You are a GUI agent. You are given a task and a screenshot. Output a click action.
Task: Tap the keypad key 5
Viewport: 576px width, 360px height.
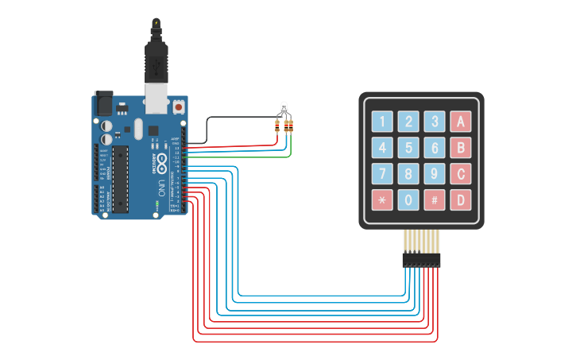tap(408, 148)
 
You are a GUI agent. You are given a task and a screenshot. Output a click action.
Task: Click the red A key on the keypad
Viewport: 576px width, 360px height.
tap(460, 122)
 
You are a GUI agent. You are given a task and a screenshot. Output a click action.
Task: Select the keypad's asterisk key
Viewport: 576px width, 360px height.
tap(382, 199)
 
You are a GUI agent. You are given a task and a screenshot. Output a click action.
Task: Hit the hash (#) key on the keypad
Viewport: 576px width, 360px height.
tap(434, 199)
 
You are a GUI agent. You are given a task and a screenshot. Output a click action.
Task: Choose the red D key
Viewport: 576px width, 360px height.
tap(460, 199)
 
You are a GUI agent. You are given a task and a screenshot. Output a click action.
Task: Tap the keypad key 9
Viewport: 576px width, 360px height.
tap(434, 173)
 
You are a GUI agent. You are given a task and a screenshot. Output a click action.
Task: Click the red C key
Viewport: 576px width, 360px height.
tap(460, 173)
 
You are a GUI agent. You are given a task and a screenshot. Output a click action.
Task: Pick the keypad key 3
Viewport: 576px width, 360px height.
tap(434, 122)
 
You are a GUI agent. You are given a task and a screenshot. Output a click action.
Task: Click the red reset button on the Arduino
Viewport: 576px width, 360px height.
tap(179, 106)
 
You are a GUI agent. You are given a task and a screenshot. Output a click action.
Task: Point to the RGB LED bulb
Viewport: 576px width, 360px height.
tap(284, 107)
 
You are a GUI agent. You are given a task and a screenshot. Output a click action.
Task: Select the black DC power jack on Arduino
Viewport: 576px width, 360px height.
tap(104, 103)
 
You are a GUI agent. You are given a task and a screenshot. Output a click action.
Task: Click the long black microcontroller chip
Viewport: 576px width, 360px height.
tap(120, 178)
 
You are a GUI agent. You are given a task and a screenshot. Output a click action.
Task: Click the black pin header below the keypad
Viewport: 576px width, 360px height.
tap(421, 260)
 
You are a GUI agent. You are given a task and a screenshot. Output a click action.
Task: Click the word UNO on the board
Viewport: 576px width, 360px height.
tap(162, 189)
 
